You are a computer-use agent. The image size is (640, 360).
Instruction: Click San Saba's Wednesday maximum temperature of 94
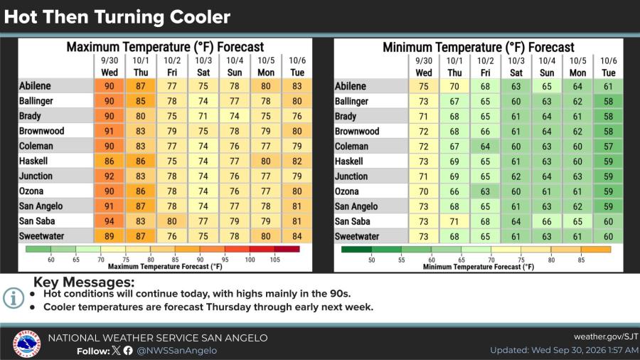109,221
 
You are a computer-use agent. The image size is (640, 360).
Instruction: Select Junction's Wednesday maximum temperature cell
109,176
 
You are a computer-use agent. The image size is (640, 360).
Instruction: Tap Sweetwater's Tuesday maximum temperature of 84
297,236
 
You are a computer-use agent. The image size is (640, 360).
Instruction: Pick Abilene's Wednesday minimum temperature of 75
424,87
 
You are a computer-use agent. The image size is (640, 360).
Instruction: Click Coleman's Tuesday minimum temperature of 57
608,147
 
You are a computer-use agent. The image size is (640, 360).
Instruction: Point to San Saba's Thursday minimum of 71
454,222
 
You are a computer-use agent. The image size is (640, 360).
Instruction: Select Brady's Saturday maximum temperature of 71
203,117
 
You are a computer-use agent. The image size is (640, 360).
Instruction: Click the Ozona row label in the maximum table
31,191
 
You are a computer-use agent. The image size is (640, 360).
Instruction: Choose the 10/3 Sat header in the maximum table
203,67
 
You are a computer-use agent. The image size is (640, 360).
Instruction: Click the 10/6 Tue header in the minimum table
608,67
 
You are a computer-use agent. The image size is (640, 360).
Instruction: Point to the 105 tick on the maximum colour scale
274,260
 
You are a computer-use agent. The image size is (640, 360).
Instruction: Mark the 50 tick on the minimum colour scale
371,260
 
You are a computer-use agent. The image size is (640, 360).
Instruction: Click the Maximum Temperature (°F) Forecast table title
165,47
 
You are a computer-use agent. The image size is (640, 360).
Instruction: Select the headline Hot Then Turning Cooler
117,17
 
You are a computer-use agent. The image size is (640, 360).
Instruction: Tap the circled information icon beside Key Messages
14,298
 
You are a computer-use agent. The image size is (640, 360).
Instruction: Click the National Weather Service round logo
26,344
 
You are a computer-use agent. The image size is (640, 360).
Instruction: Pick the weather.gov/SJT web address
606,337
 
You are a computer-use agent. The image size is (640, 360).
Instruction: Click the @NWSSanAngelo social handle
177,351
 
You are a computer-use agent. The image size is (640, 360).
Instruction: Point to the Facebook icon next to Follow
128,351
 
